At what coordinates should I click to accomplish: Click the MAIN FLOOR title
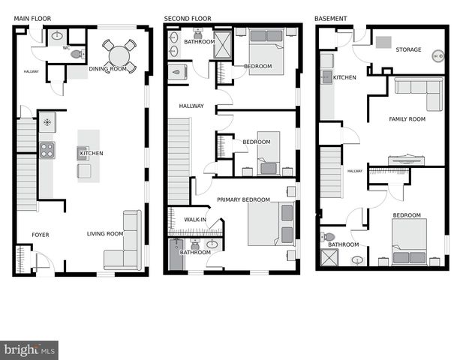(x=32, y=19)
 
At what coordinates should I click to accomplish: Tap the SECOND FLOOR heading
(x=188, y=19)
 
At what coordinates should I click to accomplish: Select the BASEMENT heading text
(x=330, y=19)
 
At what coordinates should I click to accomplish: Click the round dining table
(x=119, y=56)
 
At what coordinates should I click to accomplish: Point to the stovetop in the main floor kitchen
(x=47, y=150)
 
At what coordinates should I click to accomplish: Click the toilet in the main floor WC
(x=78, y=54)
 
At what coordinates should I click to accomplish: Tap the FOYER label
(x=41, y=235)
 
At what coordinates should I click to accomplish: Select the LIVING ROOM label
(x=105, y=234)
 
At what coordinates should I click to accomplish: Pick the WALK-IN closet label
(x=195, y=220)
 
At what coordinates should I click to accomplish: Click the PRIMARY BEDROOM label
(x=243, y=199)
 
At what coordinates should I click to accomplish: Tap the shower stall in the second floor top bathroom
(x=222, y=45)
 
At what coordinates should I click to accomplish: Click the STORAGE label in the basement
(x=408, y=49)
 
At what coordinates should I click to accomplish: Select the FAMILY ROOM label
(x=407, y=119)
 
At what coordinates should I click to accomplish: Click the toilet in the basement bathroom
(x=327, y=237)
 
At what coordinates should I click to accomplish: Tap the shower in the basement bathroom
(x=329, y=257)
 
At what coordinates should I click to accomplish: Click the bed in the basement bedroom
(x=410, y=241)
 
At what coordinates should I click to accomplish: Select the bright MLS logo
(x=29, y=350)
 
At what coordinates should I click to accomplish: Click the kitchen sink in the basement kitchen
(x=327, y=77)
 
